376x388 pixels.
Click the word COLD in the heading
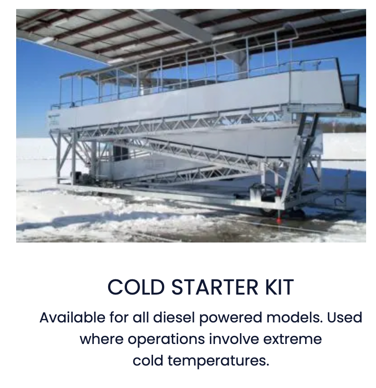[x=136, y=287]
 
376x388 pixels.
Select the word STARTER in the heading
[x=214, y=287]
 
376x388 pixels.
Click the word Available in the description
[x=72, y=317]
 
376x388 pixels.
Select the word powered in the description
[x=230, y=318]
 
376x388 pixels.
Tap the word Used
[x=345, y=317]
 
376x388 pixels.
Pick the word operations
[x=166, y=340]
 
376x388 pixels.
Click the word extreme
[x=293, y=339]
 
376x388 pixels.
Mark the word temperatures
[x=218, y=361]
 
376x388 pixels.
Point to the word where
[x=101, y=339]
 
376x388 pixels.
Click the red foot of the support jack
[x=279, y=220]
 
